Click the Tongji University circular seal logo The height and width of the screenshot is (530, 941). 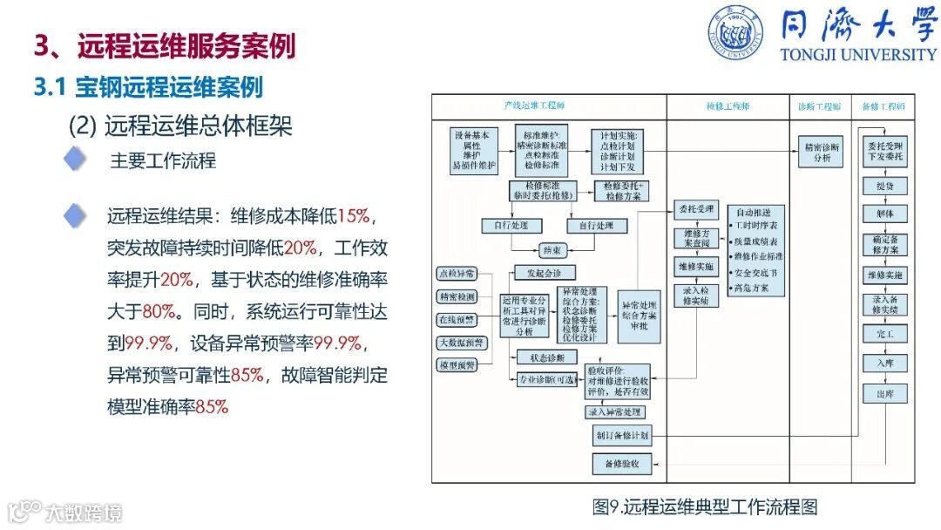coord(735,33)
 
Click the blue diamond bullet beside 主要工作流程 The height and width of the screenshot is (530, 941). coord(77,160)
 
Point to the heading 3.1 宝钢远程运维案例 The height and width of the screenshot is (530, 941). coord(147,87)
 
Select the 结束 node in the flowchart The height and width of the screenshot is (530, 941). coord(553,250)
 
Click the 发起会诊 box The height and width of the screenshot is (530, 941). coord(545,273)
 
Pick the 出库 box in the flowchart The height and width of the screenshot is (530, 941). coord(884,394)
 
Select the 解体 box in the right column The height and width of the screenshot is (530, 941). coord(884,214)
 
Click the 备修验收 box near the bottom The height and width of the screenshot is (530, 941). coord(621,464)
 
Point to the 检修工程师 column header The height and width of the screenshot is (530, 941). coord(728,106)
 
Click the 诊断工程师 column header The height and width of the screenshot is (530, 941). coord(819,106)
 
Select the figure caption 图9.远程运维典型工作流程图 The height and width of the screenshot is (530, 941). coord(705,506)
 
